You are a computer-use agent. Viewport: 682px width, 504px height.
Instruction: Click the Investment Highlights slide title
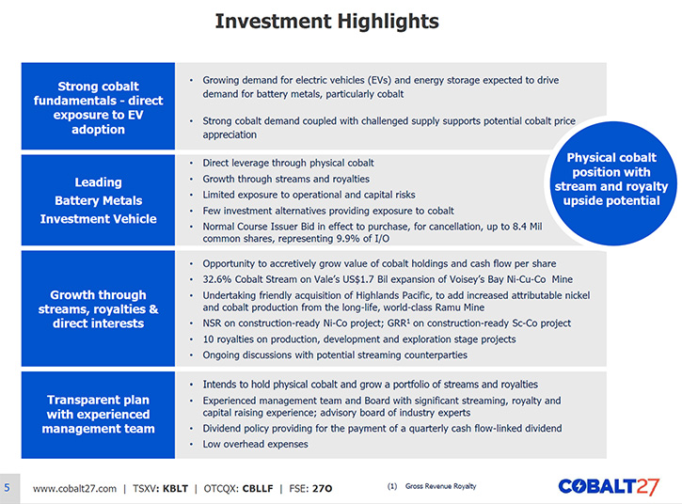(327, 22)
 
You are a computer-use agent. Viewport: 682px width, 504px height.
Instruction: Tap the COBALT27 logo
(609, 487)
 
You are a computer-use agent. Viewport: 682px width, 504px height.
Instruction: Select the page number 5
(7, 487)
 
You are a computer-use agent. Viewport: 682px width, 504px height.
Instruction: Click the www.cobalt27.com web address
(75, 488)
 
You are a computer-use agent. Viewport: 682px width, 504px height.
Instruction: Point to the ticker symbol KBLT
(175, 488)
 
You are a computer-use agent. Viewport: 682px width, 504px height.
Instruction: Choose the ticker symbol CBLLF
(258, 488)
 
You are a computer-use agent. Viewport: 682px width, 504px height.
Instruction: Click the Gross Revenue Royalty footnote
(440, 486)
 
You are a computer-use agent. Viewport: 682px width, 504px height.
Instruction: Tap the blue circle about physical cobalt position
(611, 183)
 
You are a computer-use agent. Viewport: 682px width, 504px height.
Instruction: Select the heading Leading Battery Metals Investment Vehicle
(98, 200)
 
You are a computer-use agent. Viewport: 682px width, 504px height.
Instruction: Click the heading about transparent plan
(98, 414)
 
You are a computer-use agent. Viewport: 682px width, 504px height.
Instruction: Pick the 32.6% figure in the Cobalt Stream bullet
(217, 279)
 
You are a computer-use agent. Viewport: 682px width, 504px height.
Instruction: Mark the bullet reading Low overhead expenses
(255, 444)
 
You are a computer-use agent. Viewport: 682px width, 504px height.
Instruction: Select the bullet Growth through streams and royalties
(286, 179)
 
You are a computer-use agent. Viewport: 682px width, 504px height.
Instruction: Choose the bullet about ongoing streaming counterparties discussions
(335, 354)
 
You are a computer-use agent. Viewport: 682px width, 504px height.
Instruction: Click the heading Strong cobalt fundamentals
(98, 107)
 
